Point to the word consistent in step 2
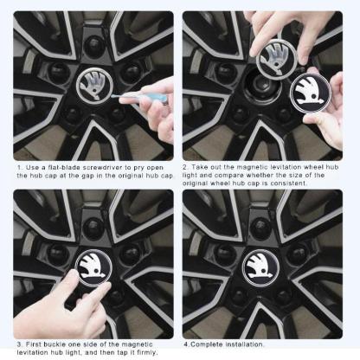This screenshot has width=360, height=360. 313,183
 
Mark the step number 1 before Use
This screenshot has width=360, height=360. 18,166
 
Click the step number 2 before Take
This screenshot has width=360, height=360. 185,166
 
